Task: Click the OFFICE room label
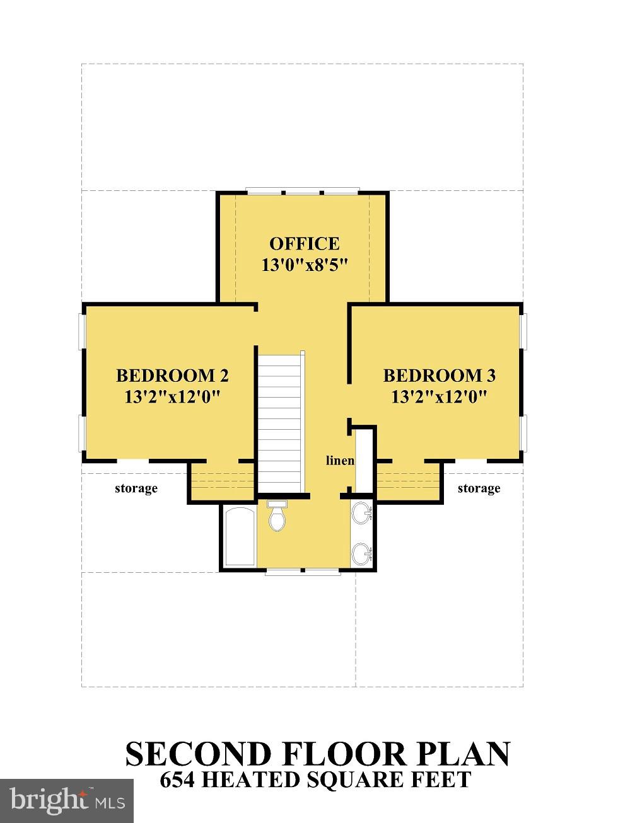coord(304,244)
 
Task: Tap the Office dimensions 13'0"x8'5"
coord(305,265)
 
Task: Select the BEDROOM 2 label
coord(172,376)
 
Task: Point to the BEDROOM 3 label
coord(439,376)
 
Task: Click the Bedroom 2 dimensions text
coord(172,397)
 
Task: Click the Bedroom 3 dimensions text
coord(439,397)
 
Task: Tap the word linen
coord(340,461)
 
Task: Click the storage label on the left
coord(136,488)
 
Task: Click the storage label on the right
coord(479,488)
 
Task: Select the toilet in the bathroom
coord(277,515)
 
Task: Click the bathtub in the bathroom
coord(239,536)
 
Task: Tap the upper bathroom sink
coord(362,513)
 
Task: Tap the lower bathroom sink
coord(362,555)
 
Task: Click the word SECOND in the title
coord(198,754)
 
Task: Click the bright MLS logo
coord(67,800)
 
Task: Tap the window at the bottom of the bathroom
coord(302,572)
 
